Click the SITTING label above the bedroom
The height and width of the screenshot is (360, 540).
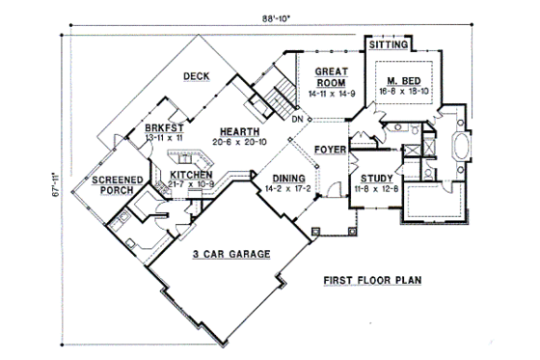click(x=390, y=44)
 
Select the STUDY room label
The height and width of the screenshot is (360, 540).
click(x=374, y=180)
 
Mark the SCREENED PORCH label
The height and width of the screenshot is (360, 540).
click(x=119, y=185)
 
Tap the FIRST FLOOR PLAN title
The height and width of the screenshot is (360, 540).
click(x=372, y=283)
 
